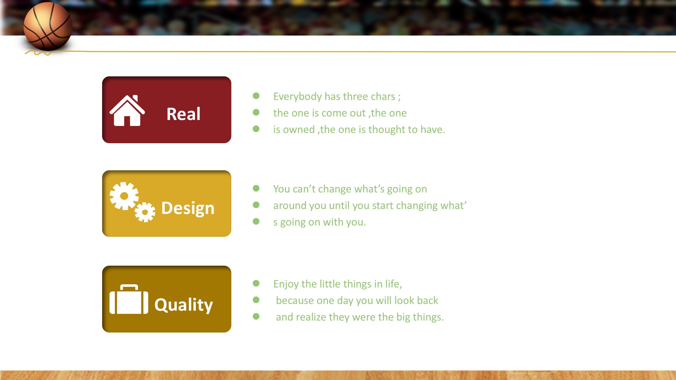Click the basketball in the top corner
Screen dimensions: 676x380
point(48,26)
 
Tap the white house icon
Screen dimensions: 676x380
point(127,110)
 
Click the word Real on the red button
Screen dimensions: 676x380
point(183,114)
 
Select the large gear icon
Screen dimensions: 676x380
point(124,196)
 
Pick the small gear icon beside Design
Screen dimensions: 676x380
point(145,212)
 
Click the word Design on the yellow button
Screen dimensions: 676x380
point(188,208)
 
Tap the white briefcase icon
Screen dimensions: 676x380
point(129,299)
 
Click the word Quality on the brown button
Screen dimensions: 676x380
point(183,305)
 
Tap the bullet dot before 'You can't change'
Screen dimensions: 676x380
point(256,189)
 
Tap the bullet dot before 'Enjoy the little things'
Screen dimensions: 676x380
point(256,283)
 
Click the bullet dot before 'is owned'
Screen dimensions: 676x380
point(256,129)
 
